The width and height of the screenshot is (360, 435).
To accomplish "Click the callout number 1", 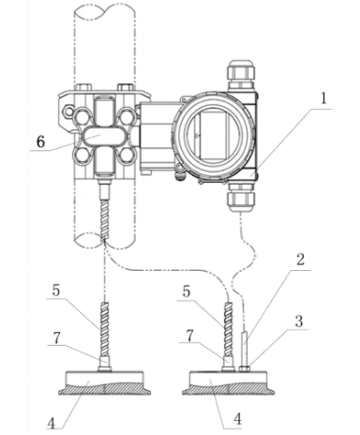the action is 323,98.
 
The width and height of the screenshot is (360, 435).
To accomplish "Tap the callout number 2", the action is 300,259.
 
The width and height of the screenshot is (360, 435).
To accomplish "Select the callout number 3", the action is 299,321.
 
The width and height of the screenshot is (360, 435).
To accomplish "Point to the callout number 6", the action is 41,142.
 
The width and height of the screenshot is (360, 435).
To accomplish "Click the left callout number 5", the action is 56,291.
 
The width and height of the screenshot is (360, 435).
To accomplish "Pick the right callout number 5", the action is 187,292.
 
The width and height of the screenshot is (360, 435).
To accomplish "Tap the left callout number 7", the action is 56,338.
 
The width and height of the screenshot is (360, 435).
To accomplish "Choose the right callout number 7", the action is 189,336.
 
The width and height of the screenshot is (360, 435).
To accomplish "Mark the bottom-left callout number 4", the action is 52,424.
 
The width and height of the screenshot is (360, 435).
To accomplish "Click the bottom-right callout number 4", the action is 238,419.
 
